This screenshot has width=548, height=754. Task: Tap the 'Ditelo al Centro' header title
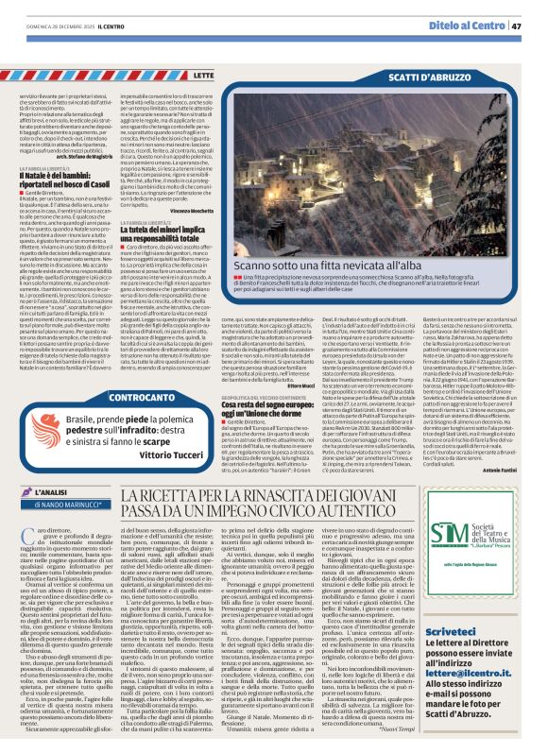coord(471,26)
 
